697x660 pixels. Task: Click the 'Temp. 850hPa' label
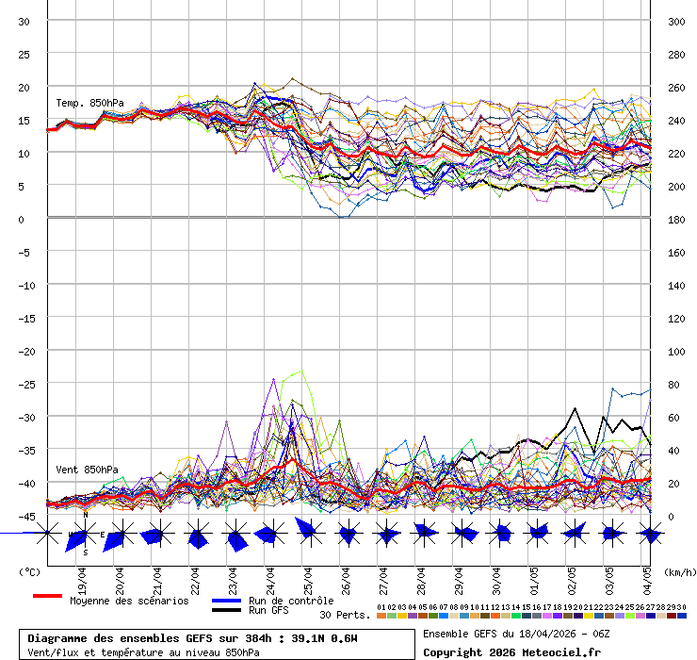[89, 103]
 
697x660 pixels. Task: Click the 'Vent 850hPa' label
[87, 469]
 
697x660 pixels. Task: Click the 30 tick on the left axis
[24, 21]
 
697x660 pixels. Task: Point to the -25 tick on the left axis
[24, 384]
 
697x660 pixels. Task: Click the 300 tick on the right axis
[676, 21]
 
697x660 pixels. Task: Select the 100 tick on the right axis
[676, 351]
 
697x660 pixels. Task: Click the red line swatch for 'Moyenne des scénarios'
[47, 597]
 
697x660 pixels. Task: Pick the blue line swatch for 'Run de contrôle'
[226, 601]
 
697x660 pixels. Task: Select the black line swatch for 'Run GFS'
[226, 611]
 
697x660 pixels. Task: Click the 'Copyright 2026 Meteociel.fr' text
[511, 652]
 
